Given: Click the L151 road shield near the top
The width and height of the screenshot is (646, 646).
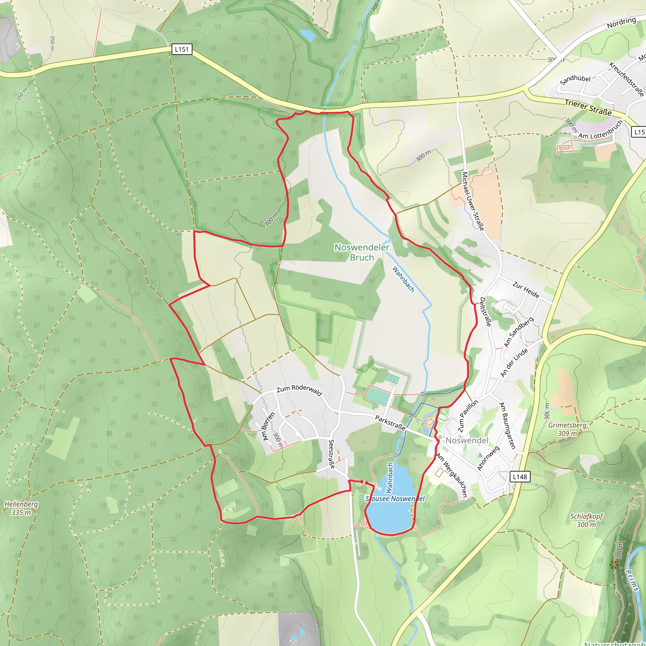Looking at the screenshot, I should pos(182,50).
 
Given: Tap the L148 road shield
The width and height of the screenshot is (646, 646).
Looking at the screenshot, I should pos(520,477).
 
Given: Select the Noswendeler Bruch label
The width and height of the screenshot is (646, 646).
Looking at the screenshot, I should pos(362,252).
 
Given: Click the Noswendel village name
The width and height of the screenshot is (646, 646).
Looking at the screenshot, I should pos(467,440).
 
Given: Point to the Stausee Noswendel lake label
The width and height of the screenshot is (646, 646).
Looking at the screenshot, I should pos(395,499).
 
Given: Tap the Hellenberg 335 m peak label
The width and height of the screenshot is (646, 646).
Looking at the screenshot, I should pos(21,508).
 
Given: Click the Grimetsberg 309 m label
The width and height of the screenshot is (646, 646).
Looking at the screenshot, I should pos(567,429).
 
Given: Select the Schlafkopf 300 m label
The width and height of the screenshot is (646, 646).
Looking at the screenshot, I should pos(586,520).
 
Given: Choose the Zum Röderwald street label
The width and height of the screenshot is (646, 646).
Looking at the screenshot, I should pos(299,390).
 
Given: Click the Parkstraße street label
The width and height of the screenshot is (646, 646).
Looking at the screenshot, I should pos(390,423).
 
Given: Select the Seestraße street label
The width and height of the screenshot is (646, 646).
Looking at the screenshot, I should pos(332,454).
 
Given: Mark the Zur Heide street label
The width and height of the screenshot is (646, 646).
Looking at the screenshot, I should pos(526,290).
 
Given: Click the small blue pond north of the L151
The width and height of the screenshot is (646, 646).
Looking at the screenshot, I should pos(307,35).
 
